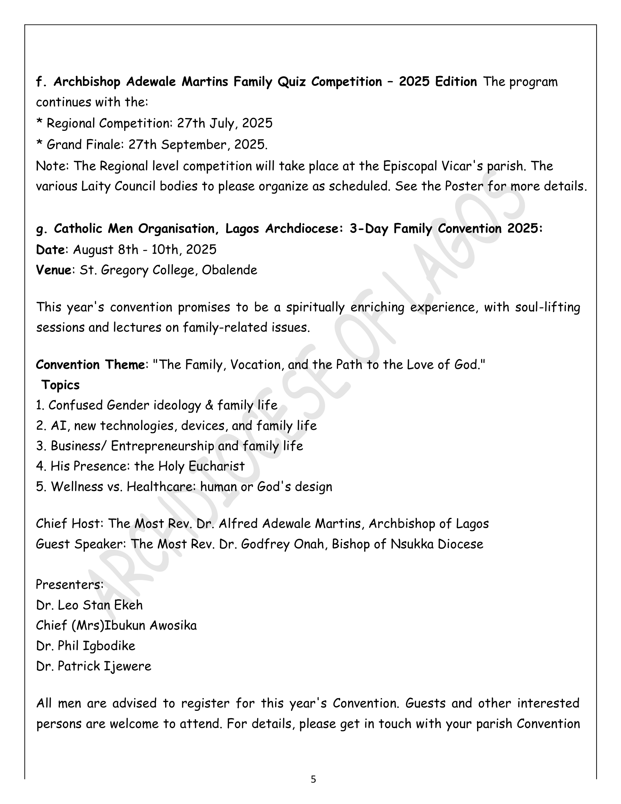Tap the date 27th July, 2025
(225, 123)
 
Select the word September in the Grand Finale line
(195, 145)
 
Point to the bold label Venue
(53, 270)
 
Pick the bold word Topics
(60, 385)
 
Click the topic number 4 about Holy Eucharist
(40, 466)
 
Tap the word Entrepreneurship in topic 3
(162, 446)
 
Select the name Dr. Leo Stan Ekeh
(89, 605)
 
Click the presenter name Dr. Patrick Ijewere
(94, 666)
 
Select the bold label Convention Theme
(90, 365)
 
